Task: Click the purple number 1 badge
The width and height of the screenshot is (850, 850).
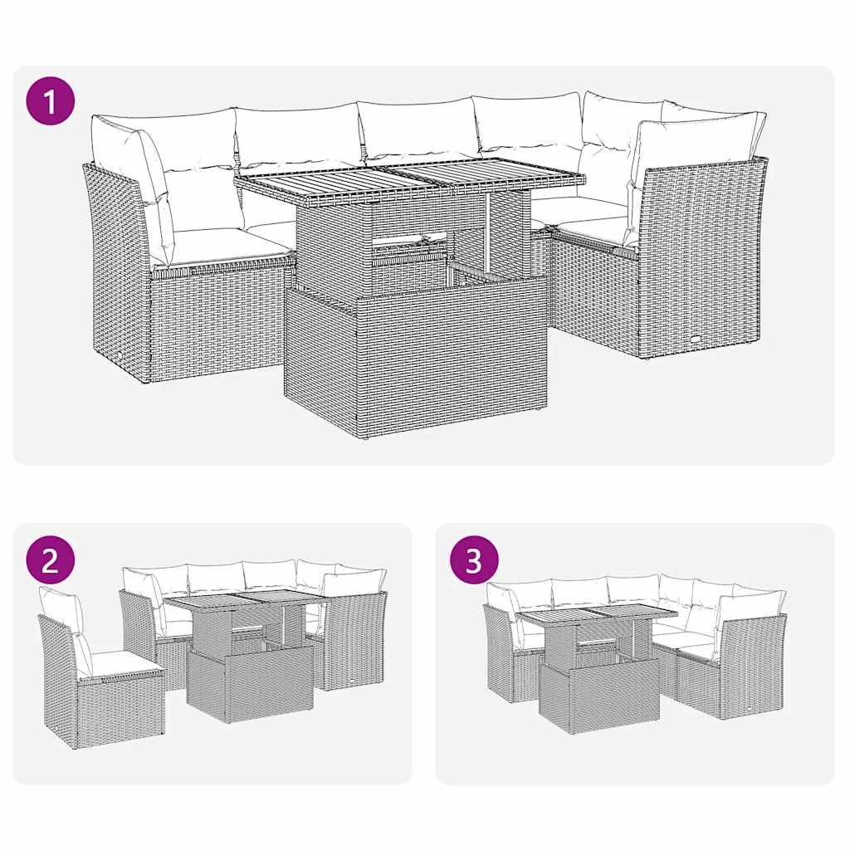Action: click(51, 102)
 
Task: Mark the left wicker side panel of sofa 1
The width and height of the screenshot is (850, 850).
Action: click(116, 274)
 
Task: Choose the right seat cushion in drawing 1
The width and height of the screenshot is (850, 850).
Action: click(591, 224)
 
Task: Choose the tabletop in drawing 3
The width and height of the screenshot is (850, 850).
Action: click(598, 617)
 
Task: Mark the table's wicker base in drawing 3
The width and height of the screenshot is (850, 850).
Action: click(598, 696)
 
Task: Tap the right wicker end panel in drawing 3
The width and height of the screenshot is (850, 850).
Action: click(751, 664)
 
